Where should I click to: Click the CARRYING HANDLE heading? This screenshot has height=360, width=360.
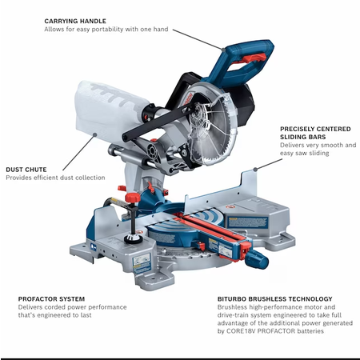(75, 21)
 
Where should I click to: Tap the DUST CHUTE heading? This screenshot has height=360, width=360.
(26, 170)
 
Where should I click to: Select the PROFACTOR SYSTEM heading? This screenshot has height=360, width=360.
(51, 299)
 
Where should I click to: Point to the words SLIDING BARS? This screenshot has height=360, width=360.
(302, 137)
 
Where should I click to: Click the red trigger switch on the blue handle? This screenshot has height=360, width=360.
(254, 58)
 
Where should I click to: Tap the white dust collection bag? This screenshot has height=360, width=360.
(110, 110)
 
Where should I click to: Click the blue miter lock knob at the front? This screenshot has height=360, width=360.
(257, 258)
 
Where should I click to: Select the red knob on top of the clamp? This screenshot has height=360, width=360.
(133, 198)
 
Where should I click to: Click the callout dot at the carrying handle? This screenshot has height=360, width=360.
(223, 49)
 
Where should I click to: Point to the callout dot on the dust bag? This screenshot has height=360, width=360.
(94, 134)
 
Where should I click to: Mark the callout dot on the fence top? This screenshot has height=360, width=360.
(255, 169)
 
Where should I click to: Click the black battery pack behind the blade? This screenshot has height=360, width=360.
(246, 106)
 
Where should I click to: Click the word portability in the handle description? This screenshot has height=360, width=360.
(107, 30)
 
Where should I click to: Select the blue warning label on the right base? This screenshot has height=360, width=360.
(248, 222)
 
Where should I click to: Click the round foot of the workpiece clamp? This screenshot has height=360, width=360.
(134, 238)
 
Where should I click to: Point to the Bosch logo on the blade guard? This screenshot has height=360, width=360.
(189, 98)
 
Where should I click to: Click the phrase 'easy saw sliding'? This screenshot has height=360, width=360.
(304, 153)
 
